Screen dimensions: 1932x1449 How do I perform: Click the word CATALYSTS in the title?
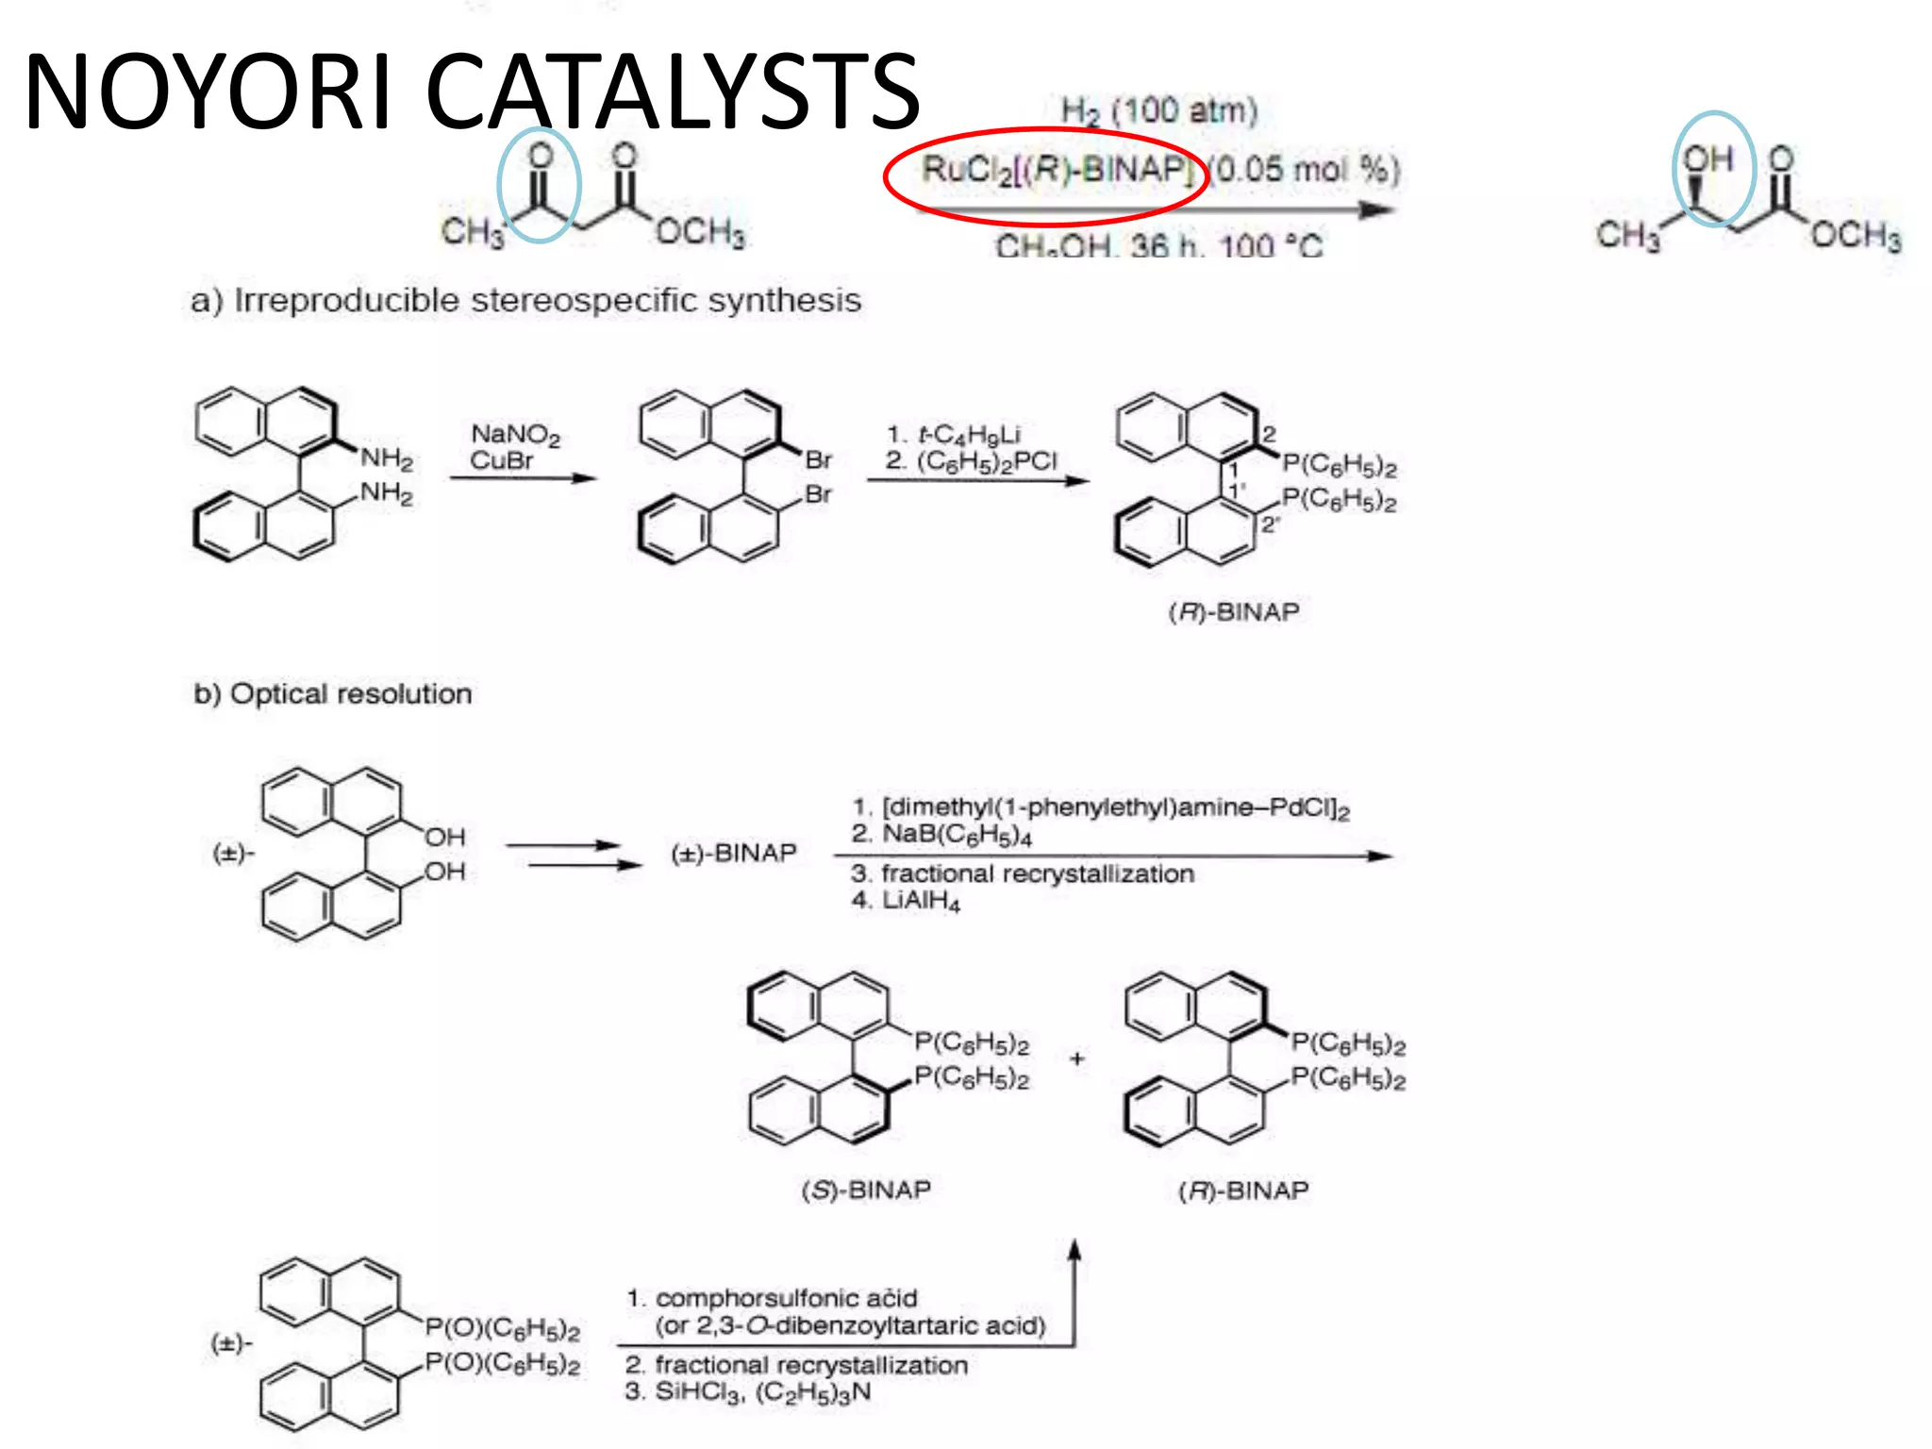click(x=672, y=92)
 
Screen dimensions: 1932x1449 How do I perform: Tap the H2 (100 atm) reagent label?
click(x=1159, y=111)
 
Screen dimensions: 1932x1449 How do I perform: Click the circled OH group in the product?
click(x=1708, y=159)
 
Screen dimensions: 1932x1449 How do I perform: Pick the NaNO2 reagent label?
click(x=515, y=434)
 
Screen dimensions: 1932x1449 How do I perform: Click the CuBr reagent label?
click(x=501, y=460)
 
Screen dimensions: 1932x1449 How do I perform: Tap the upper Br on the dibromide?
click(x=818, y=459)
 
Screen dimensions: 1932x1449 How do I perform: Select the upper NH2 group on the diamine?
click(x=387, y=458)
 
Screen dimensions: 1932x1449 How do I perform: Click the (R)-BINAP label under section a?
click(x=1233, y=612)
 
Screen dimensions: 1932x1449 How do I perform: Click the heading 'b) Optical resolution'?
click(x=332, y=693)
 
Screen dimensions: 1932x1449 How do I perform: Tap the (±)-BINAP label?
click(x=733, y=853)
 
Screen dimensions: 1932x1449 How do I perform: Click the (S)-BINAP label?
click(x=865, y=1190)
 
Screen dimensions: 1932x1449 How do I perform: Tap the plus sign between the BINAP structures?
click(x=1077, y=1058)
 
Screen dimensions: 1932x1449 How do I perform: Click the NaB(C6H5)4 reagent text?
click(x=957, y=834)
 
